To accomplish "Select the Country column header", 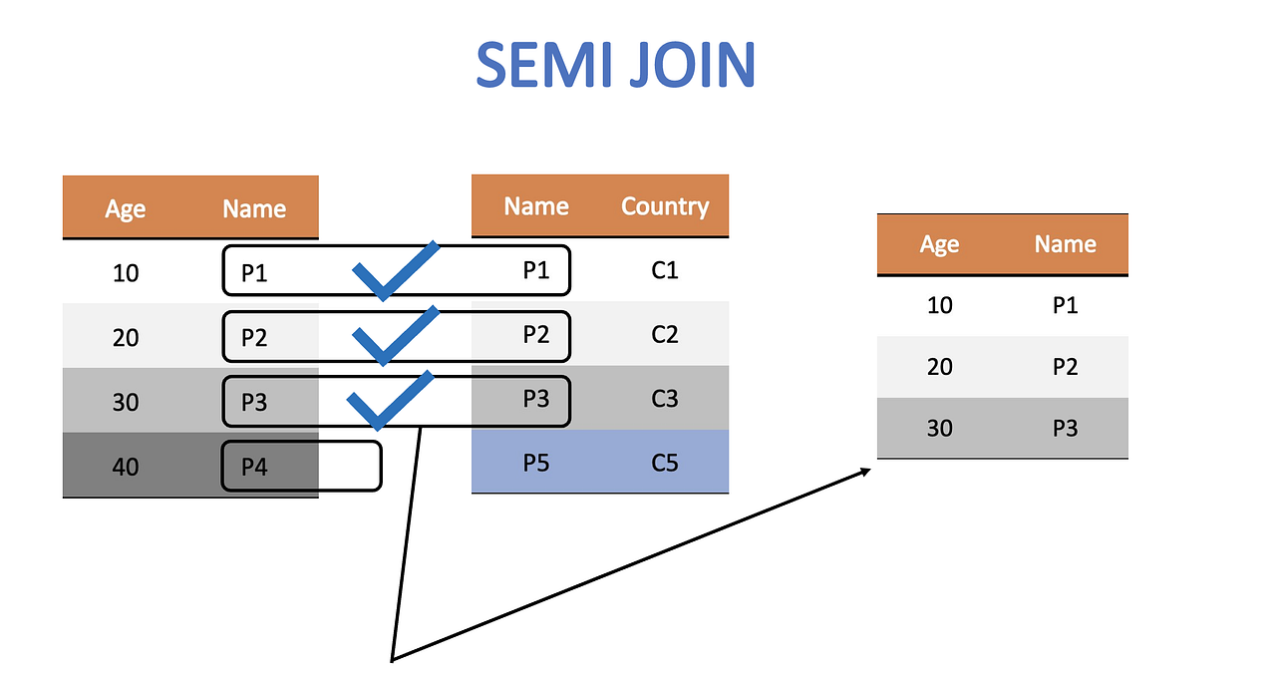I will tap(664, 206).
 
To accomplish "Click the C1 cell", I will tap(664, 270).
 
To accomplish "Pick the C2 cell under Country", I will tap(664, 335).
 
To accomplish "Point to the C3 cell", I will tap(664, 399).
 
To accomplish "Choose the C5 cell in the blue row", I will tap(664, 463).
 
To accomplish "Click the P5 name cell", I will tap(536, 463).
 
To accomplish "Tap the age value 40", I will tap(126, 466).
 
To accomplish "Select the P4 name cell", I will tap(254, 466).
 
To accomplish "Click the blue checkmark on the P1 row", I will tap(395, 271).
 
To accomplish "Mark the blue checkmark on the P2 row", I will tap(395, 336).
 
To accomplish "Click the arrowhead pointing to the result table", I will tap(865, 469).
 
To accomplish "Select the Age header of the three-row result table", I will tap(939, 245).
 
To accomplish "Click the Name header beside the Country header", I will tap(536, 206).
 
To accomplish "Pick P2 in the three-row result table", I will tap(1065, 367).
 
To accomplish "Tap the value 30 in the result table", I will tap(939, 428).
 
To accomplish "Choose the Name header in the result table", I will tap(1065, 244).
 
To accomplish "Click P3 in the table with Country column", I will tap(536, 399).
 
